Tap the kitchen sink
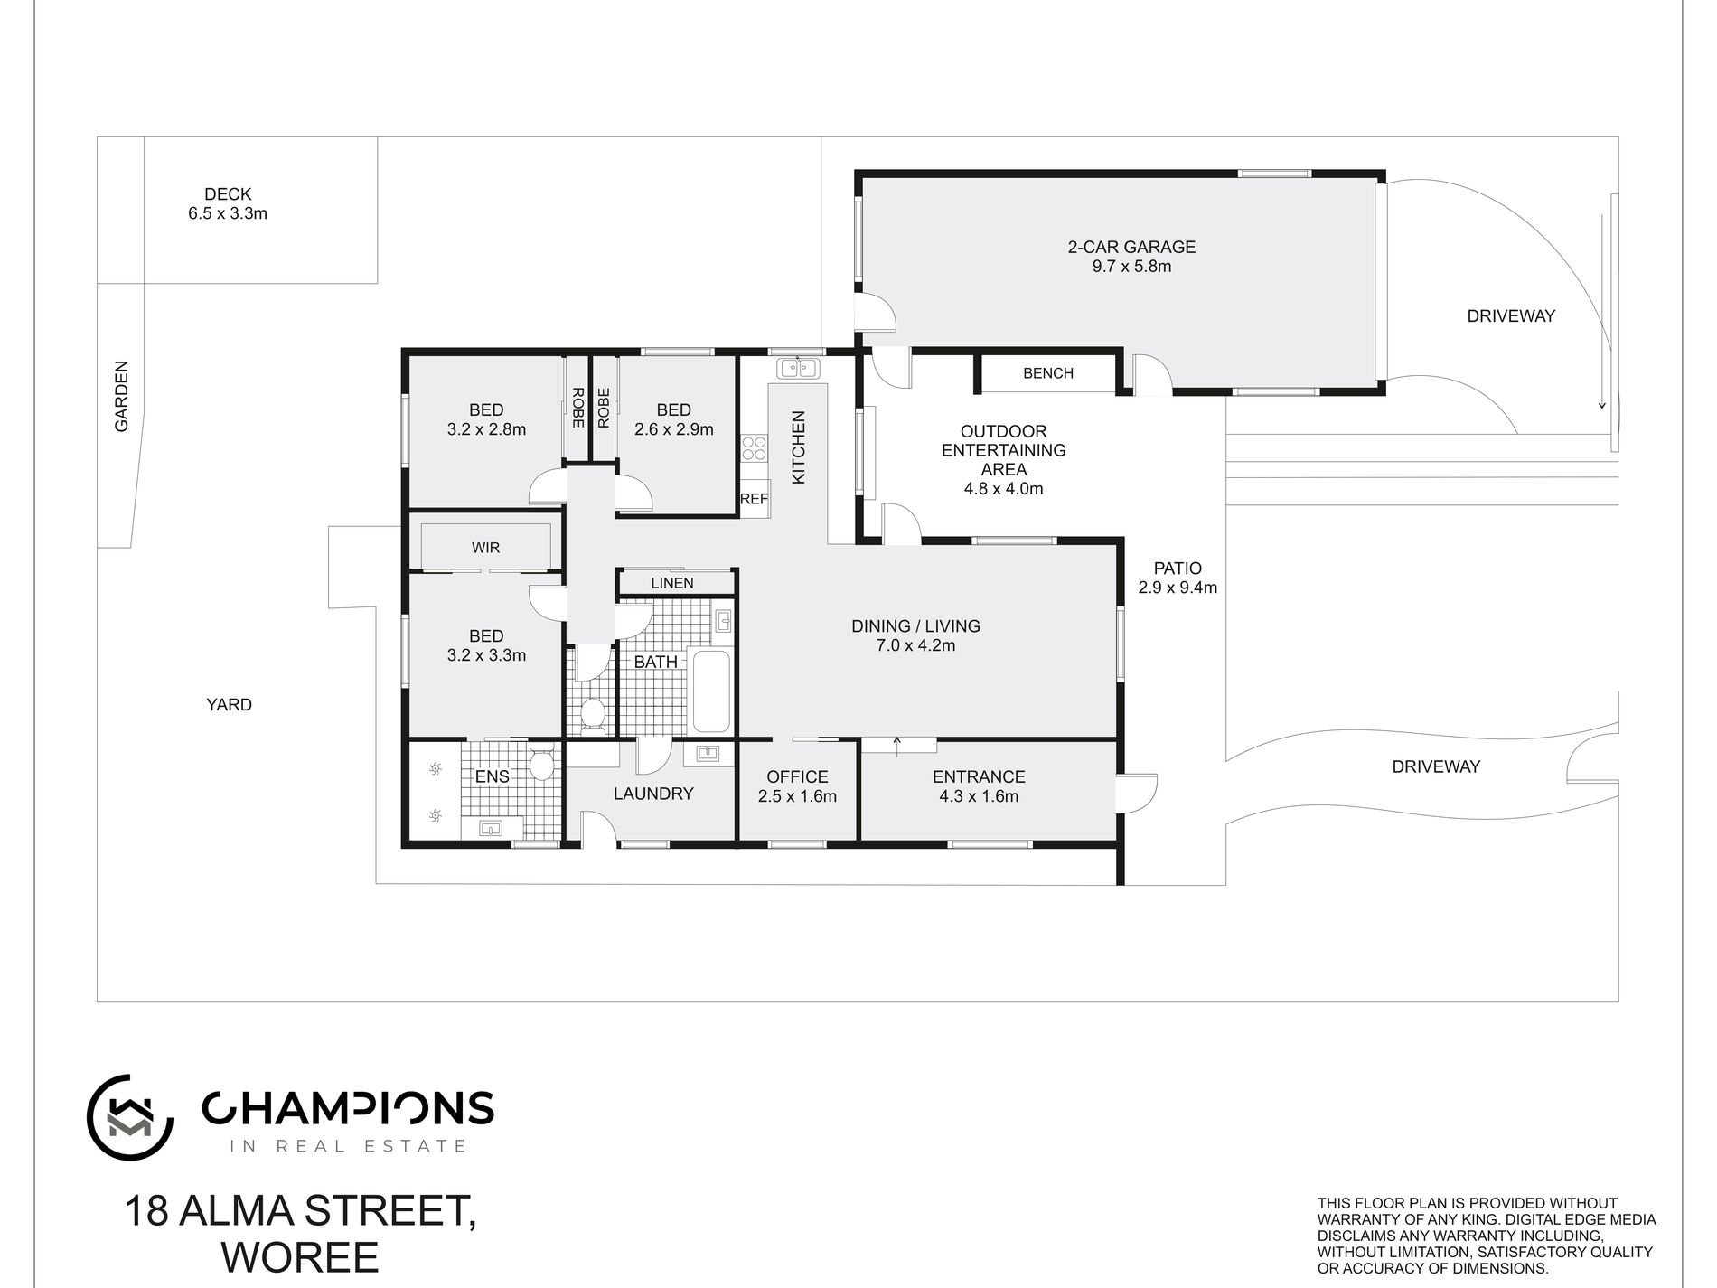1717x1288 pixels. [797, 368]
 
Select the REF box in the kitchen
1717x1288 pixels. [754, 499]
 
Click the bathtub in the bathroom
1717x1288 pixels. [709, 690]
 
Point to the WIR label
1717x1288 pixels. [485, 548]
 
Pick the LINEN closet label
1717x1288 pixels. [672, 583]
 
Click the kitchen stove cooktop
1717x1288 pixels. [754, 449]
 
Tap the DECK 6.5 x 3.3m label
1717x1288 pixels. [228, 204]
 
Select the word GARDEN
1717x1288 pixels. [122, 396]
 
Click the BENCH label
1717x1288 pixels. [1048, 373]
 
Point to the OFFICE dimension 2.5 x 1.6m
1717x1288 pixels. [797, 796]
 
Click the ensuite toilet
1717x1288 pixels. [542, 764]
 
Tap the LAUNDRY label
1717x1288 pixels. [653, 794]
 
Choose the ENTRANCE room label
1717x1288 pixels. [979, 776]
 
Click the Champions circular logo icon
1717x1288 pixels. [129, 1117]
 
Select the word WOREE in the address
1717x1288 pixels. [300, 1257]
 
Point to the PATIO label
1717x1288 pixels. [1178, 569]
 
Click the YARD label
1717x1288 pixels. [229, 705]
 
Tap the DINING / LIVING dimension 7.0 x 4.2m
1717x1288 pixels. [915, 645]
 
